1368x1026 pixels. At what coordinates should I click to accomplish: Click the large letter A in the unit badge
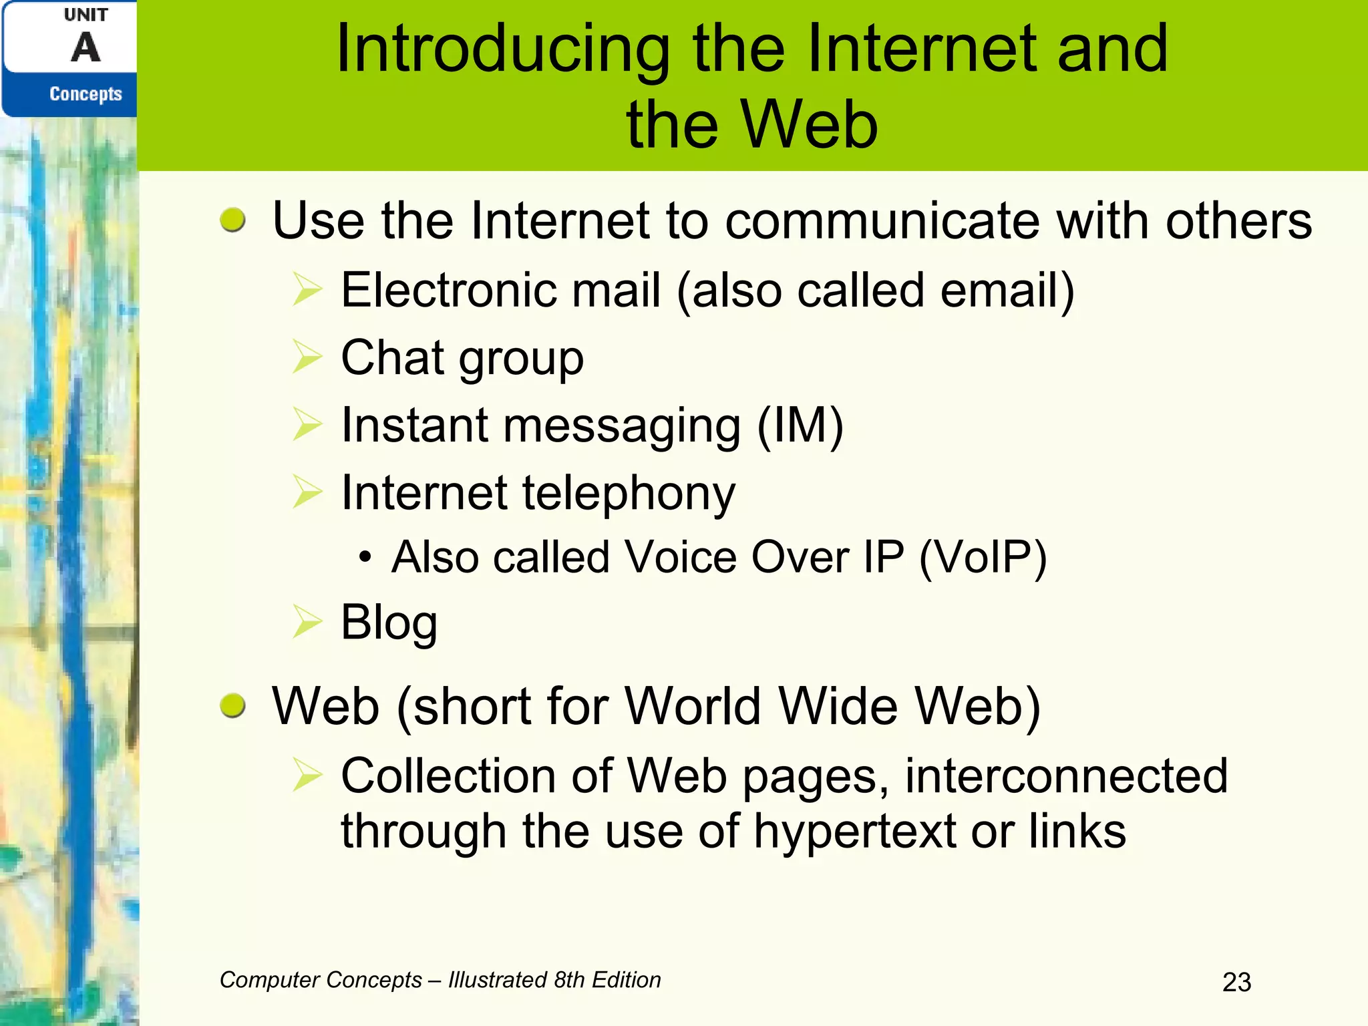point(85,48)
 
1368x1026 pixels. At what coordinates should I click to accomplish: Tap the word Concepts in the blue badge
point(85,94)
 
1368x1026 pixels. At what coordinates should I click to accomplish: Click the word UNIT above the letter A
point(85,15)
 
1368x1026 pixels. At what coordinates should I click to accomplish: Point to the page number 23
point(1236,982)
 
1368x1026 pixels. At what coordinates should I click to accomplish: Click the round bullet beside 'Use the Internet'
point(232,220)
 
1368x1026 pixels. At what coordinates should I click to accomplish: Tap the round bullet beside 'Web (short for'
point(232,705)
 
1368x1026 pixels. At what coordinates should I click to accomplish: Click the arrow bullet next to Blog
point(308,621)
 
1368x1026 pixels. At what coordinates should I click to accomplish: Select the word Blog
point(389,623)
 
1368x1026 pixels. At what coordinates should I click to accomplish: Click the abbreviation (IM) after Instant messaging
point(800,425)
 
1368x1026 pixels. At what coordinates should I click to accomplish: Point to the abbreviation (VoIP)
point(983,557)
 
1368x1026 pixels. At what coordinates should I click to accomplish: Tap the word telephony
point(628,494)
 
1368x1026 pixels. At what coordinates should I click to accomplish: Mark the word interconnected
point(1066,776)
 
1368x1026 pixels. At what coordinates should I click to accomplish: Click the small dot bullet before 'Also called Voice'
point(364,556)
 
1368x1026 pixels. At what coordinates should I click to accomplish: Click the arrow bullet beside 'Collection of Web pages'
point(308,776)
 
